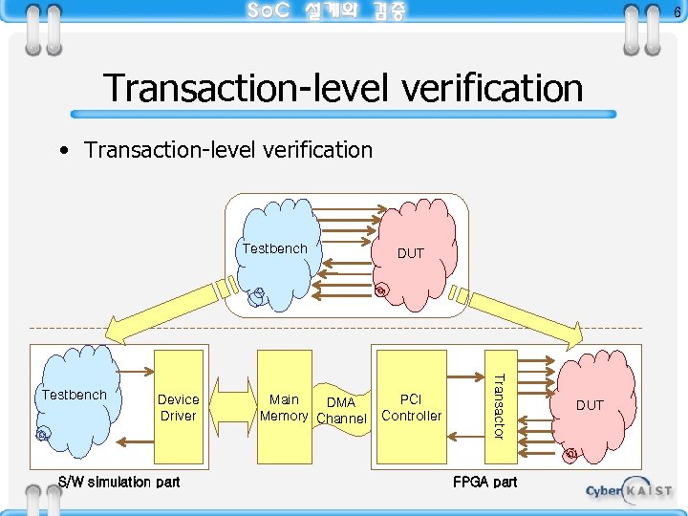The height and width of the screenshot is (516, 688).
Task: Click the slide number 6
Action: coord(677,11)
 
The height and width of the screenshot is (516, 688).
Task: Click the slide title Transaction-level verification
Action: coord(343,88)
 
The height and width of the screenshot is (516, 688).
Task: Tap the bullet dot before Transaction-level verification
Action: coord(63,151)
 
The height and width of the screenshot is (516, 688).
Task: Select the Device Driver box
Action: coord(178,407)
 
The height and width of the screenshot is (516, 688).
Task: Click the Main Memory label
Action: coord(284,407)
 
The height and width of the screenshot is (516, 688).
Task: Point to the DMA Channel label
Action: coord(341,411)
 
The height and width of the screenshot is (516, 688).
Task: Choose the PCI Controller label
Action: coord(411,407)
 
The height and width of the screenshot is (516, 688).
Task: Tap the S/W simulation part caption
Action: coord(118,482)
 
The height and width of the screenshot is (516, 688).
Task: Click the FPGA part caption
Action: coord(484,482)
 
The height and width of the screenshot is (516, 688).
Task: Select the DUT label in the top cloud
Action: coord(410,253)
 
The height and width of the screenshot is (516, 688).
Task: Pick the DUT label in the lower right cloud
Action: coord(590,405)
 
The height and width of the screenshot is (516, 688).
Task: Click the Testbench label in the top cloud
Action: coord(274,248)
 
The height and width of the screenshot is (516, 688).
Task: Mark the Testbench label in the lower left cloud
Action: coord(74,395)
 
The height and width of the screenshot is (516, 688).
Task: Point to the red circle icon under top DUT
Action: coord(380,290)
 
